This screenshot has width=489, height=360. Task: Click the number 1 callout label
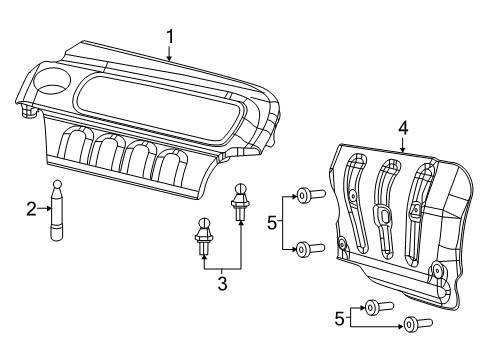pyautogui.click(x=170, y=37)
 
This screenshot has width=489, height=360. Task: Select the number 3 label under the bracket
pyautogui.click(x=222, y=284)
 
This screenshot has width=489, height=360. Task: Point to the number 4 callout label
pyautogui.click(x=402, y=128)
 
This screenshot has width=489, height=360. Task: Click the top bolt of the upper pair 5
pyautogui.click(x=308, y=195)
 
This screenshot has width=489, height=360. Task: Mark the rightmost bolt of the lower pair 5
pyautogui.click(x=412, y=323)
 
